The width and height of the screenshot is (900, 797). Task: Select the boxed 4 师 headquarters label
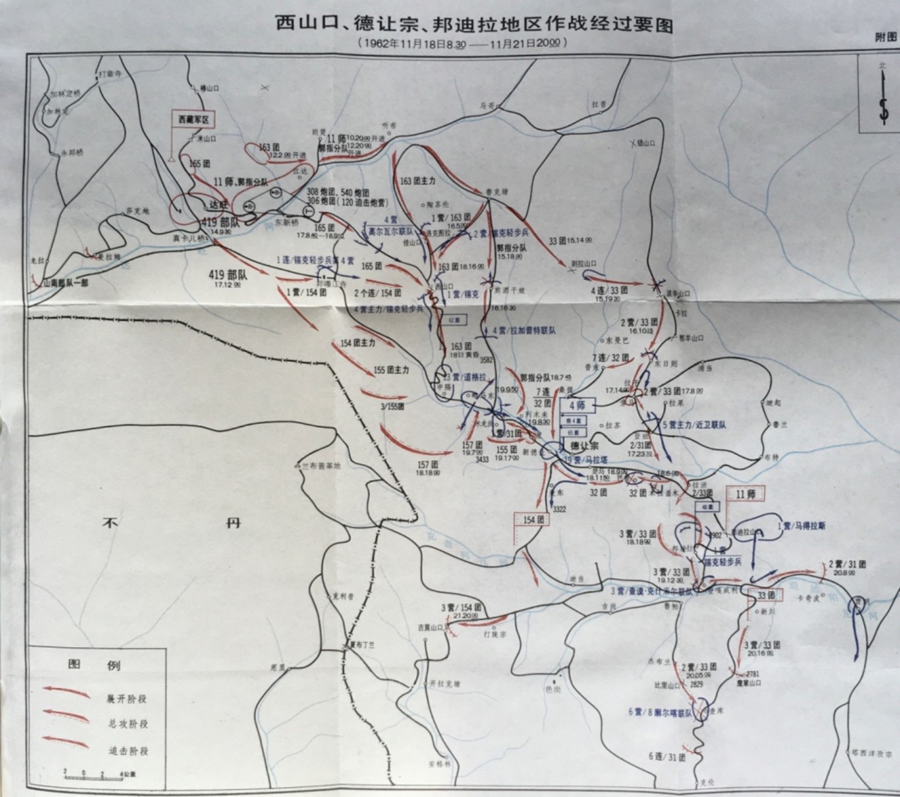[x=575, y=405]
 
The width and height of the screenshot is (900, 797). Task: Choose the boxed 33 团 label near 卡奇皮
[x=766, y=595]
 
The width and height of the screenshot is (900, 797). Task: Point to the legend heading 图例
[x=94, y=665]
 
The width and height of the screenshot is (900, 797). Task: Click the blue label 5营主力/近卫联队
[x=695, y=425]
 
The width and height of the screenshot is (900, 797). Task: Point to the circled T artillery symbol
[x=308, y=211]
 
